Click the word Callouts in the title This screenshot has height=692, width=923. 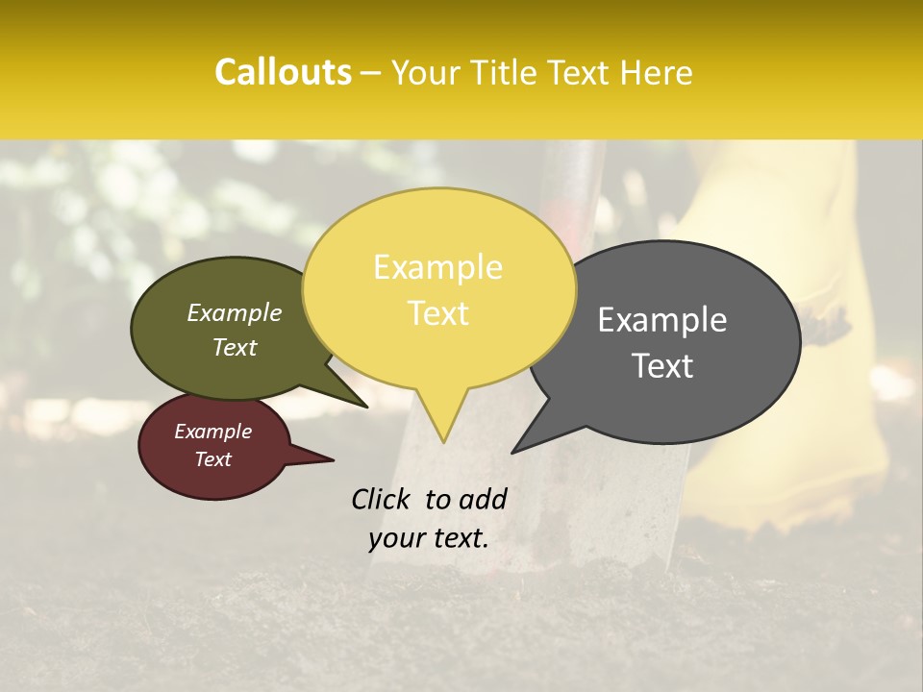(x=283, y=72)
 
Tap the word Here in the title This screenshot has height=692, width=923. (x=657, y=72)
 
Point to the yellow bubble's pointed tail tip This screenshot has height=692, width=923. (x=443, y=437)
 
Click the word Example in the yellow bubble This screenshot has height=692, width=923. (x=437, y=267)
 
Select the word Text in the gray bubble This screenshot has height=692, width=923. (x=662, y=366)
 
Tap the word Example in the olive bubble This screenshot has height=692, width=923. (x=234, y=313)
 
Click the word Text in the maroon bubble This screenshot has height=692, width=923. (x=212, y=459)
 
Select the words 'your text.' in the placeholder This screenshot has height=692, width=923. (x=428, y=538)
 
